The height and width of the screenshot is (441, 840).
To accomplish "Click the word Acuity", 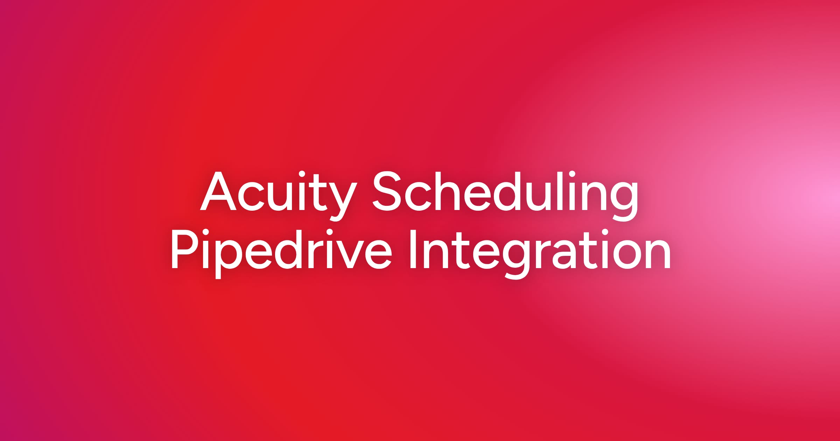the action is pyautogui.click(x=279, y=196).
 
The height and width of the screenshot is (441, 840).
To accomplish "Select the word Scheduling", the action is pyautogui.click(x=505, y=196).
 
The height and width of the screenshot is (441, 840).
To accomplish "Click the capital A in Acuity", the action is pyautogui.click(x=218, y=191).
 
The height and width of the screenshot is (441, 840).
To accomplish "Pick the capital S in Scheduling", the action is pyautogui.click(x=386, y=191).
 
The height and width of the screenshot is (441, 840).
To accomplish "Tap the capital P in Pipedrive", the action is pyautogui.click(x=185, y=249).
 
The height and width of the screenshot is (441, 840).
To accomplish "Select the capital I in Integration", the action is pyautogui.click(x=413, y=249).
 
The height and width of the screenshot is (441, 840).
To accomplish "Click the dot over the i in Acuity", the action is pyautogui.click(x=302, y=174).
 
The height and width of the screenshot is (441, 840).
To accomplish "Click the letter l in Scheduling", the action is pyautogui.click(x=560, y=191).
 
